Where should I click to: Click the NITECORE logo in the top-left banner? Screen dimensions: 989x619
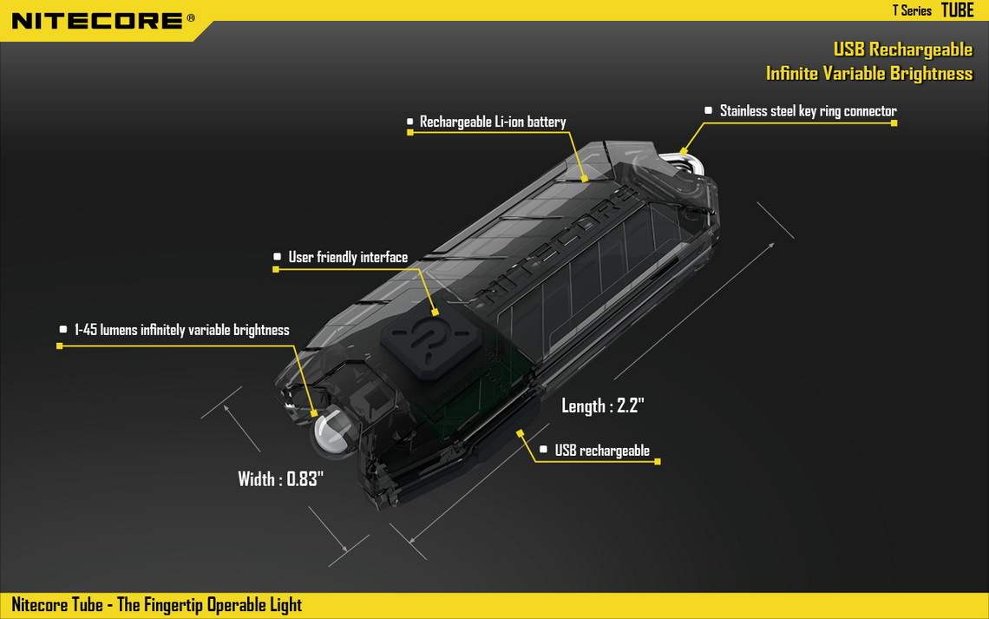point(98,21)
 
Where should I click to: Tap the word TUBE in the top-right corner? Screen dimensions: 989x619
point(958,10)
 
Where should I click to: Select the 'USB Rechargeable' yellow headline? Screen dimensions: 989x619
point(902,49)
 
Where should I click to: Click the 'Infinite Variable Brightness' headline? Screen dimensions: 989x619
point(869,74)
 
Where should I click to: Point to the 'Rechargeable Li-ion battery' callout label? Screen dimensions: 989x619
point(493,122)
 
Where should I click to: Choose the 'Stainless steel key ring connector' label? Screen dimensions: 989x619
point(808,111)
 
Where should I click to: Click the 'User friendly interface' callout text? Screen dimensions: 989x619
point(348,257)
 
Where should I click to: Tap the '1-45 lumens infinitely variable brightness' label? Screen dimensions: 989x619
point(181,330)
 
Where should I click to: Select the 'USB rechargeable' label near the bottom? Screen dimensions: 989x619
point(602,451)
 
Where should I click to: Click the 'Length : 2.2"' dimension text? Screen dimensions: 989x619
point(602,405)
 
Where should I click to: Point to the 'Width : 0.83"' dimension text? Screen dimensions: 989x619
point(281,479)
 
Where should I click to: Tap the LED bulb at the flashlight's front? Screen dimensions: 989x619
point(332,430)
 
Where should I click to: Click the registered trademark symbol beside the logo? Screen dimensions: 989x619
point(191,18)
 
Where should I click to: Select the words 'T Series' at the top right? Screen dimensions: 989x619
point(912,10)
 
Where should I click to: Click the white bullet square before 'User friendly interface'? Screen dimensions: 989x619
point(277,257)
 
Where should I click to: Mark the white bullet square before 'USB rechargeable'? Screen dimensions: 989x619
point(544,449)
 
